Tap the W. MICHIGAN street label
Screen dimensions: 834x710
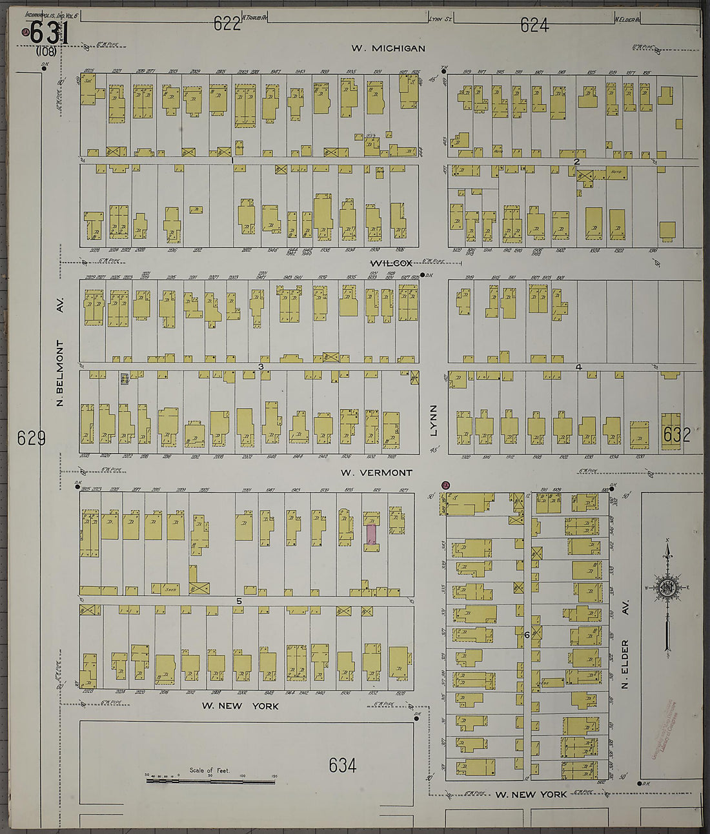(388, 48)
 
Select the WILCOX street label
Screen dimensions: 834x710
(391, 263)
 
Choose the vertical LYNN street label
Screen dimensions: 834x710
(434, 420)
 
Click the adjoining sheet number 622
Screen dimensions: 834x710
(227, 25)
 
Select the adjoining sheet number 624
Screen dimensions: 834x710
(534, 25)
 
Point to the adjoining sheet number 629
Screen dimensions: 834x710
(31, 439)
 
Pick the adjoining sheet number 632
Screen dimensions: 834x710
(676, 434)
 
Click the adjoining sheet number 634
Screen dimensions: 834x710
(342, 766)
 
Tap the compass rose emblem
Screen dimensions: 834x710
(666, 587)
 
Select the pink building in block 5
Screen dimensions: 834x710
(371, 534)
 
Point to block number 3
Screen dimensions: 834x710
(261, 367)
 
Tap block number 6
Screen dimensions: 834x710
(527, 635)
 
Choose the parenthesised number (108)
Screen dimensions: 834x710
(46, 52)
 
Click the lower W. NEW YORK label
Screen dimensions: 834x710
(531, 794)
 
